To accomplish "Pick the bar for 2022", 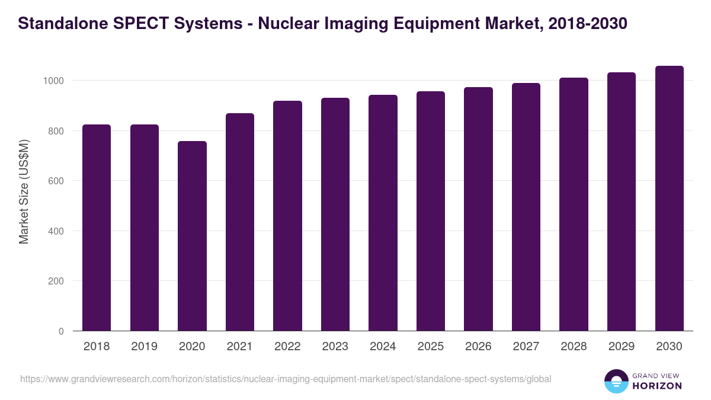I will coord(287,216).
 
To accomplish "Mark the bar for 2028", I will coord(574,204).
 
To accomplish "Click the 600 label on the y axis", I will coord(56,181).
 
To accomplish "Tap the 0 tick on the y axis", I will coord(61,331).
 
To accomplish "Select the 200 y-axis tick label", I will coord(56,281).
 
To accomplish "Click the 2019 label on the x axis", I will coord(144,347).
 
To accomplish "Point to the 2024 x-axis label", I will coord(383,347).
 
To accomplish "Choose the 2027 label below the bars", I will coord(526,347).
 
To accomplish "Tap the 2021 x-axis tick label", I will coord(239,347).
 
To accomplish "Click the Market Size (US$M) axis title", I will coord(24,192).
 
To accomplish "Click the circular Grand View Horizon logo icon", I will coord(616,381).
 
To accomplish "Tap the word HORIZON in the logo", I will coord(657,386).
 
